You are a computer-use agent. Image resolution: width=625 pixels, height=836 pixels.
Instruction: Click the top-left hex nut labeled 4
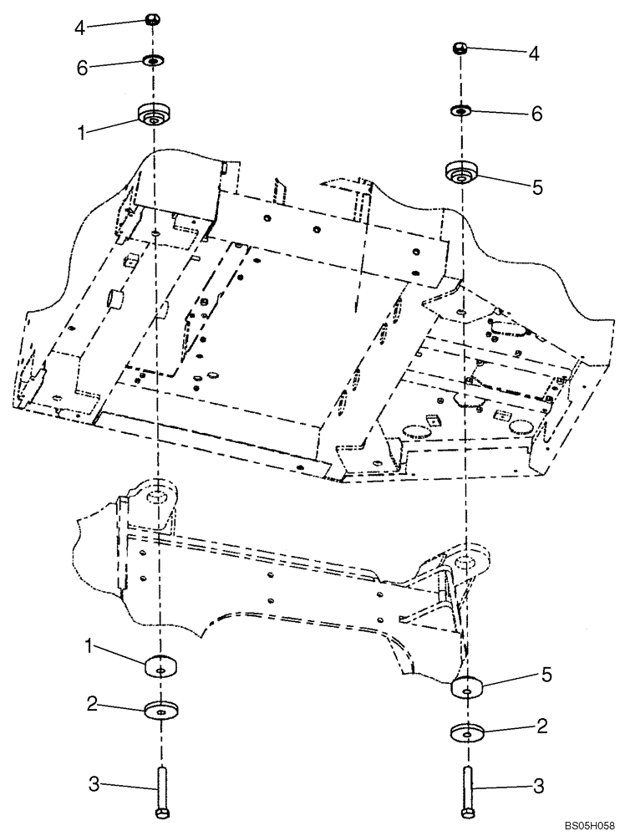(152, 19)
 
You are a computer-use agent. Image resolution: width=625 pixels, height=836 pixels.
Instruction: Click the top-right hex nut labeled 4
(460, 48)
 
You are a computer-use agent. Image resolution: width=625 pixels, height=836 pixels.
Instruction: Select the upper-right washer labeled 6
(461, 110)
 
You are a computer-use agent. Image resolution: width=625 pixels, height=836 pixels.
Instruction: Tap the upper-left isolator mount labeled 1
(154, 114)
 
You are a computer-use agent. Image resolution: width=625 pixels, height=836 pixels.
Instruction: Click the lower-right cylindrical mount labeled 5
(468, 686)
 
